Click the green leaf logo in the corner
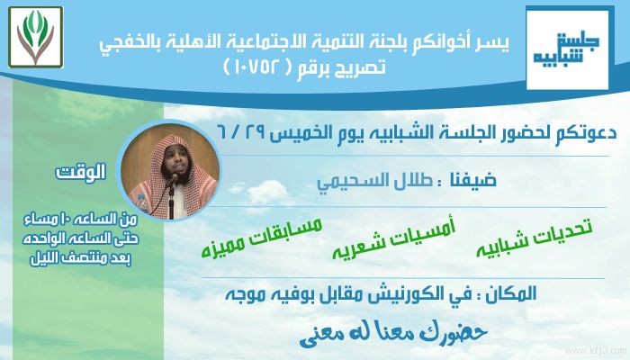[x=36, y=37]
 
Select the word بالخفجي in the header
[x=131, y=44]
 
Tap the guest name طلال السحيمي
[x=375, y=182]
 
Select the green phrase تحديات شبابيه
[x=535, y=238]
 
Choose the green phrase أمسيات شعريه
[x=394, y=240]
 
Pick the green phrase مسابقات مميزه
[x=262, y=238]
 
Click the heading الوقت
[x=81, y=172]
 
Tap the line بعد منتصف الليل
[x=81, y=258]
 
